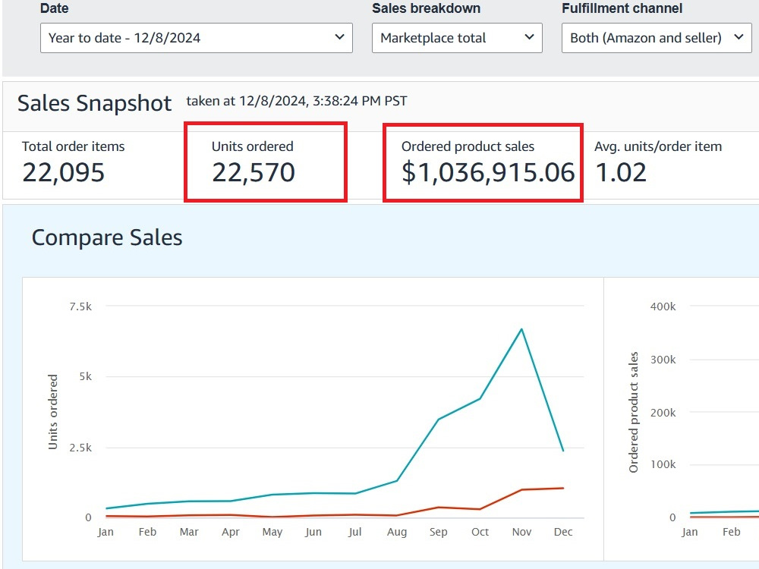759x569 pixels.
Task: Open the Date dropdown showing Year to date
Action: coord(196,38)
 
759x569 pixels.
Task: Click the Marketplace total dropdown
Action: coord(456,38)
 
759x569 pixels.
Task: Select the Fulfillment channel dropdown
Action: coord(657,38)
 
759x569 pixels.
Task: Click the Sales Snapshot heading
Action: coord(94,103)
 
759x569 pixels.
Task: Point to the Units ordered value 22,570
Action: coord(254,172)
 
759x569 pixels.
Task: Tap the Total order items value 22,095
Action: coord(64,172)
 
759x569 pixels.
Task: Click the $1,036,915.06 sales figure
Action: coord(488,172)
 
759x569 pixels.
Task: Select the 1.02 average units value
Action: coord(621,172)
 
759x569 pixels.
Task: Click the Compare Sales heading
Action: coord(107,237)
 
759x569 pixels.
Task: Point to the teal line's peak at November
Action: coord(521,329)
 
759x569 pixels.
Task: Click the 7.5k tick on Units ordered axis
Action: coord(80,307)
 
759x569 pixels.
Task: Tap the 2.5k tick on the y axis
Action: coord(80,448)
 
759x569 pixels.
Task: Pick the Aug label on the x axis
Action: coord(397,532)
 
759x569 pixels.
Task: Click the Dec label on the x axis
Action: coord(563,532)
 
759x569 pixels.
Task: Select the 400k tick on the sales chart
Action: coord(663,307)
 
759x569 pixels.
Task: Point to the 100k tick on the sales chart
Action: coord(663,464)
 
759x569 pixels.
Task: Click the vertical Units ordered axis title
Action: coord(53,412)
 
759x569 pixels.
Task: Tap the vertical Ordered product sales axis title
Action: coord(633,412)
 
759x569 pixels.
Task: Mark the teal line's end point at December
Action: coord(563,451)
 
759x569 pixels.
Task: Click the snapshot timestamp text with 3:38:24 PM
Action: coord(297,101)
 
